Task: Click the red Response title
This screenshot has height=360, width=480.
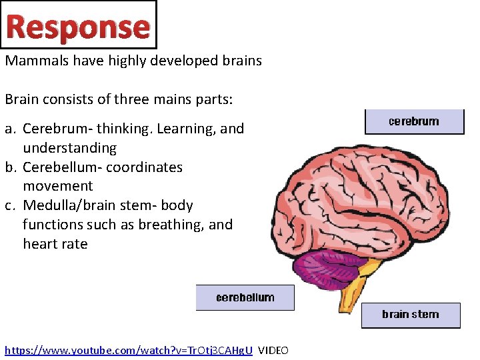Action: coord(78,26)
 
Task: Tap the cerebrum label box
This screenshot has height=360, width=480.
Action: coord(414,121)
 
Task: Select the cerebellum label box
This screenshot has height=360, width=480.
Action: coord(245,297)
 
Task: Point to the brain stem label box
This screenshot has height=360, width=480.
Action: coord(410,315)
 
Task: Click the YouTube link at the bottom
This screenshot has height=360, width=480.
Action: coord(129,350)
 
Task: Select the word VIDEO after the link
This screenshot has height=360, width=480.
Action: coord(273,350)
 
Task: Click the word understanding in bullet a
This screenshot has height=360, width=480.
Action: coord(69,148)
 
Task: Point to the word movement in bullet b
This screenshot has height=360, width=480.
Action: coord(57,186)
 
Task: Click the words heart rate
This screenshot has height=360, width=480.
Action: coord(55,244)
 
